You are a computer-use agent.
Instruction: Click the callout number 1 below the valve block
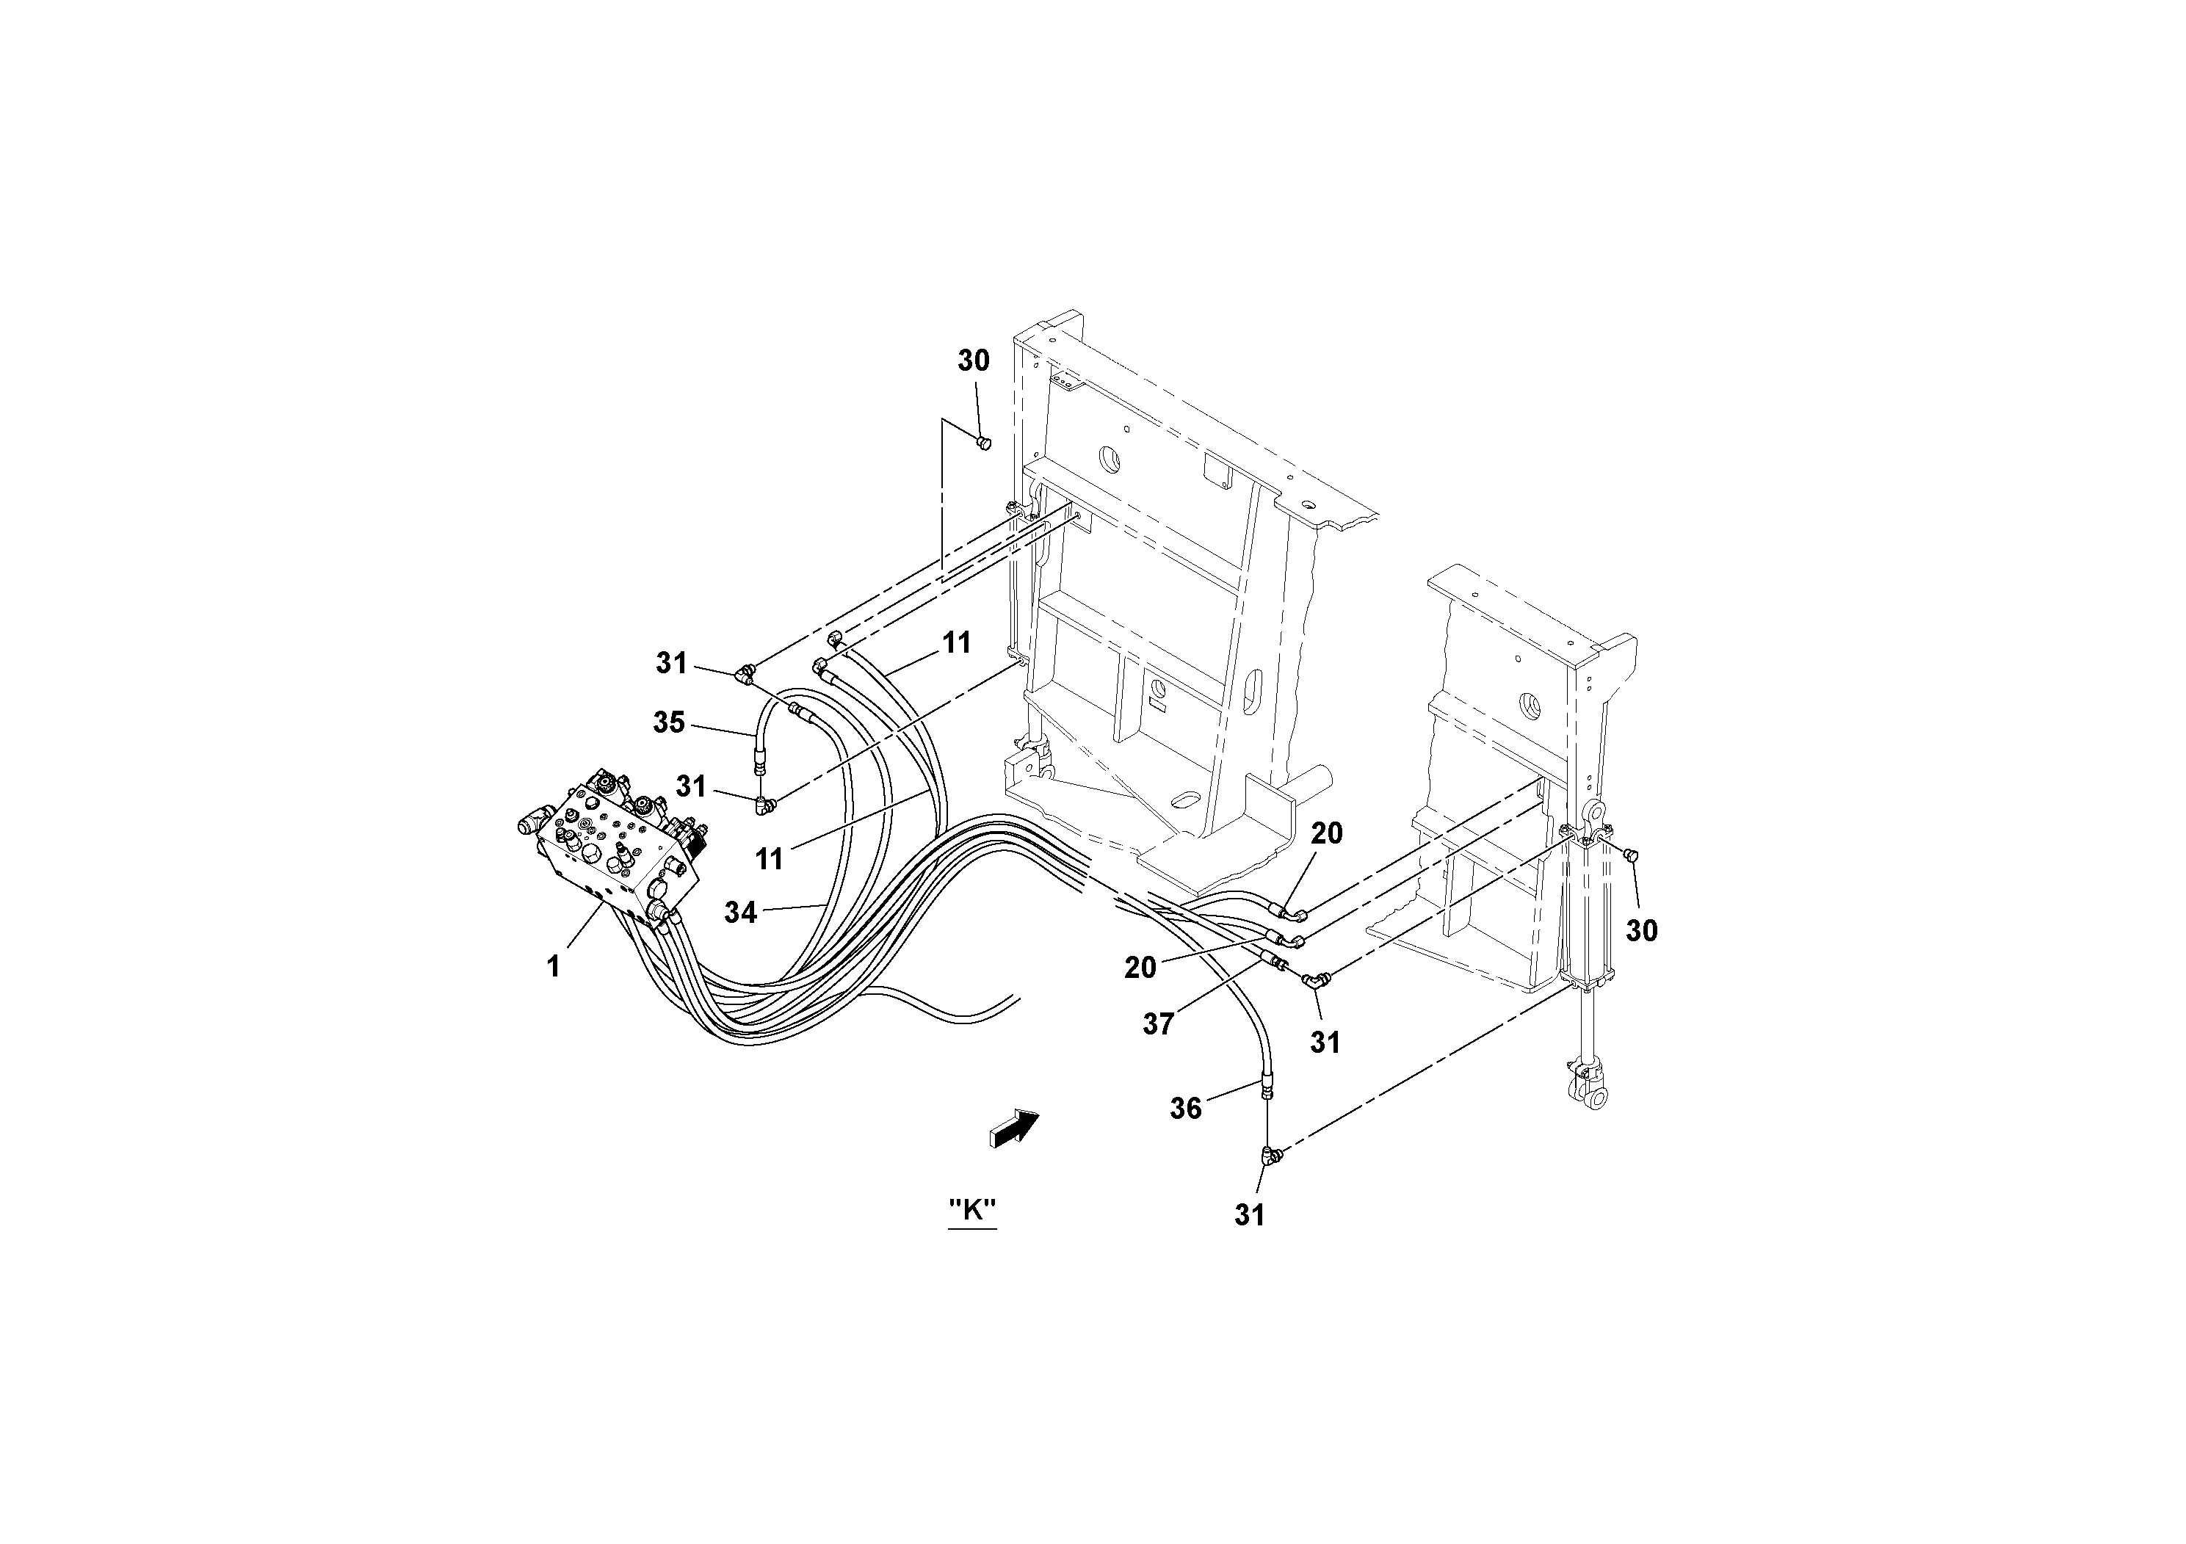[553, 966]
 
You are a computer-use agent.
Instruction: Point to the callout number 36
[1185, 1108]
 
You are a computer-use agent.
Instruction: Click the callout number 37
[1159, 1024]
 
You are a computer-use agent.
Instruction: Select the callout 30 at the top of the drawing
[973, 360]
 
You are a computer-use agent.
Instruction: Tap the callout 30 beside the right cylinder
[1641, 930]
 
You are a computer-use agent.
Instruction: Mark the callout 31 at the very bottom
[1249, 1214]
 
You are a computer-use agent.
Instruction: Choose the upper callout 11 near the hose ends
[956, 642]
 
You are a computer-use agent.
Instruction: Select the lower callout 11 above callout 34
[770, 858]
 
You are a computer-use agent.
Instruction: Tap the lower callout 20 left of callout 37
[1140, 967]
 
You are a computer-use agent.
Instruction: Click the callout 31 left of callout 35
[671, 662]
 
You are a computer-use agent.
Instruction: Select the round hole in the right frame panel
[1533, 706]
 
